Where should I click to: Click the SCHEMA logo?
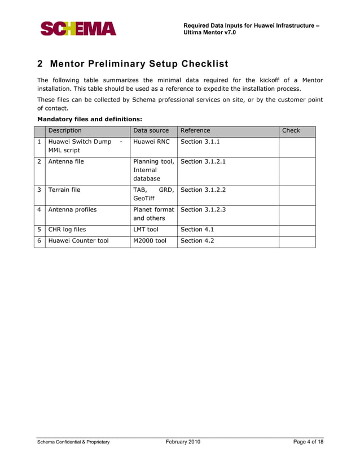[78, 28]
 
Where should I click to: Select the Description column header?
[65, 130]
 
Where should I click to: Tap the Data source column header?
[151, 130]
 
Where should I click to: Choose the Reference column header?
[195, 130]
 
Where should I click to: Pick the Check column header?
[291, 130]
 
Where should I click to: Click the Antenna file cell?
[66, 161]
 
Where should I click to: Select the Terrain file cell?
[64, 190]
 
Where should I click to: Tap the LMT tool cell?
[146, 230]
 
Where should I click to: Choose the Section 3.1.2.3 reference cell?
[203, 209]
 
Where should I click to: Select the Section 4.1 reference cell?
[197, 230]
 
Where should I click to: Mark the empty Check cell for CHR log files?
[297, 230]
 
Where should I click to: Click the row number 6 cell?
[39, 241]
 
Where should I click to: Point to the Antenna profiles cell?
[72, 209]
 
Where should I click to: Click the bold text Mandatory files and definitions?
[89, 119]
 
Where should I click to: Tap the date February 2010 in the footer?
[183, 442]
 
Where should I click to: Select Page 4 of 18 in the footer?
[308, 442]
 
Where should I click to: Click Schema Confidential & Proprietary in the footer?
[73, 442]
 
